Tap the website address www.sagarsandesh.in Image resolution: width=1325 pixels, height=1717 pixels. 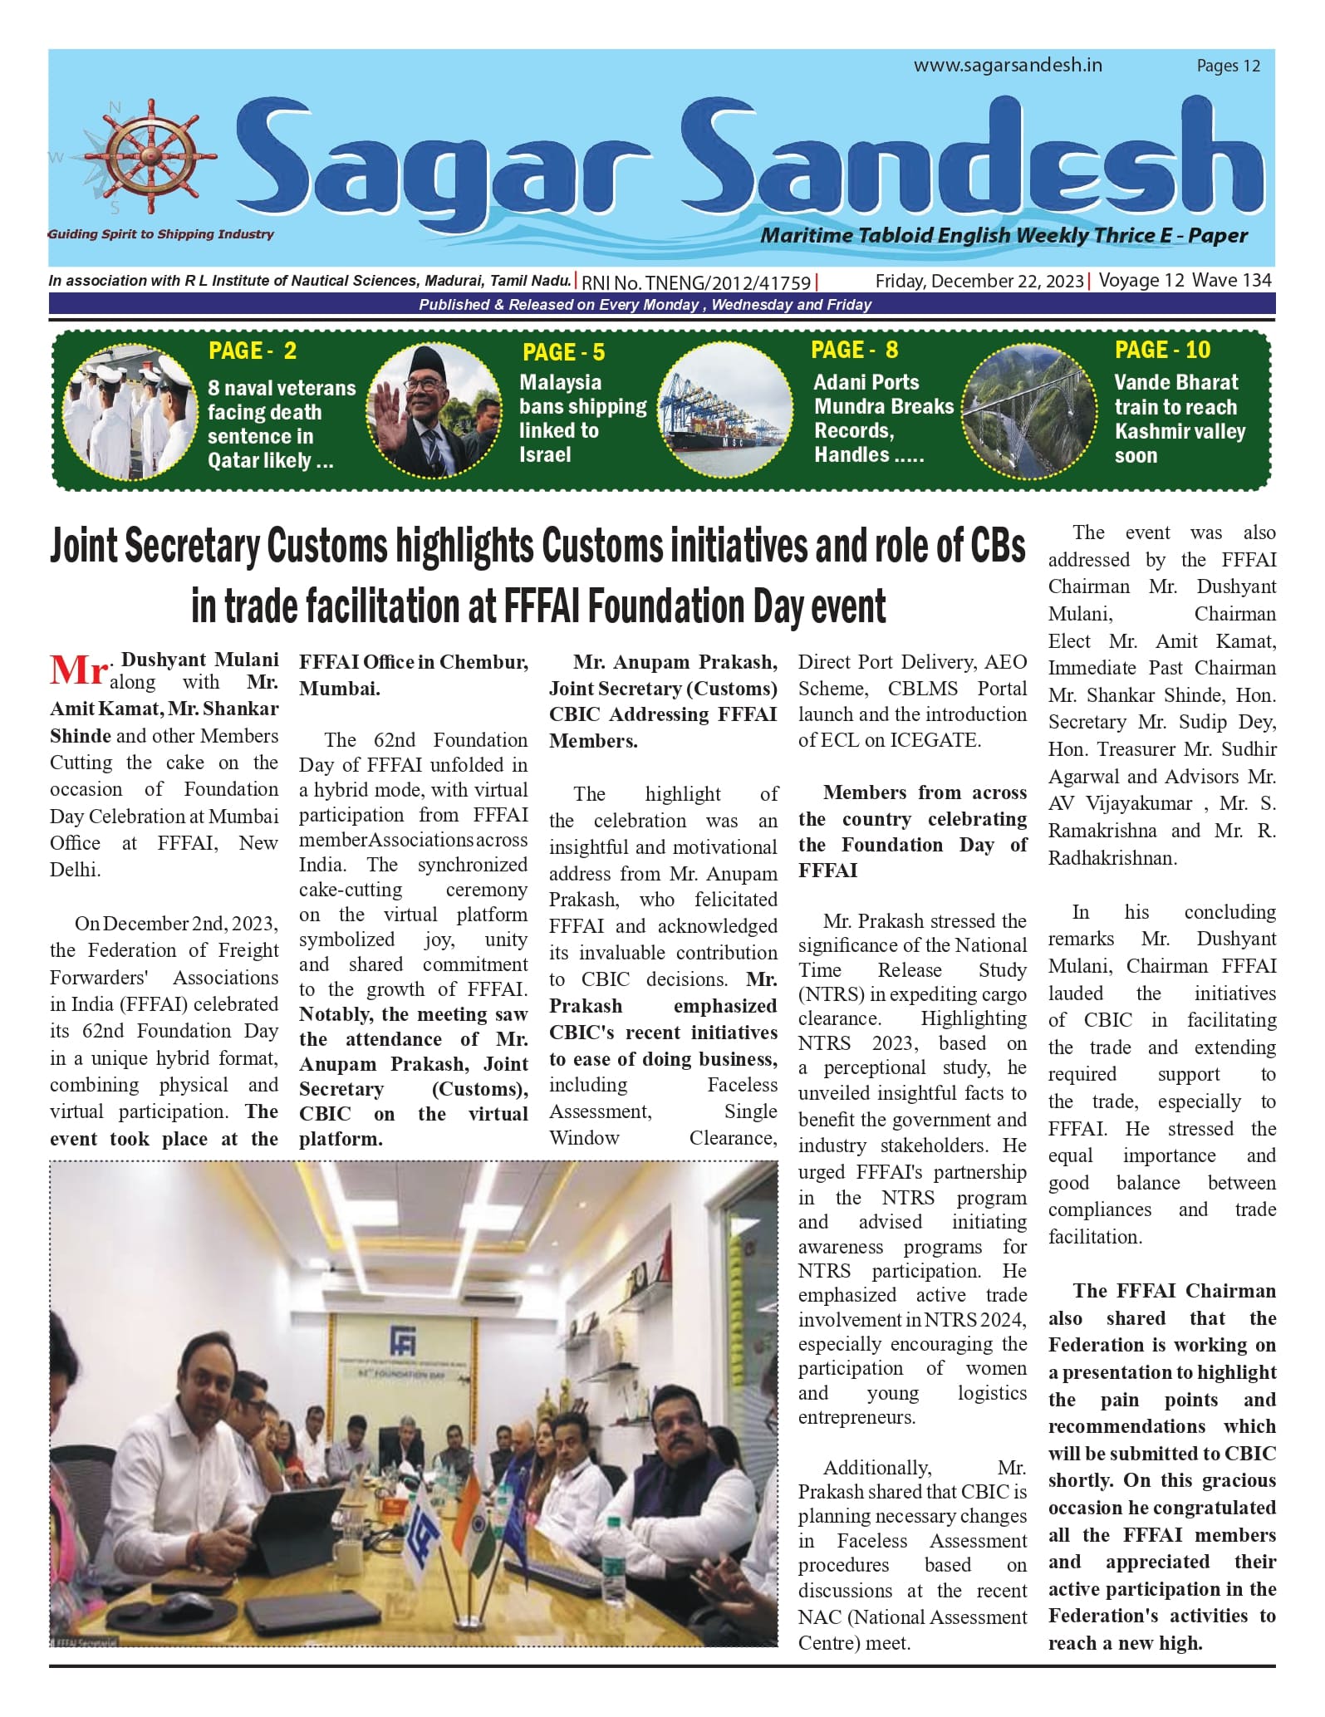[1008, 65]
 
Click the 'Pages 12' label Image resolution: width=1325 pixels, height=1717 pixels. [1228, 66]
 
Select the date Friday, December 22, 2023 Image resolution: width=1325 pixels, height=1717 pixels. [979, 281]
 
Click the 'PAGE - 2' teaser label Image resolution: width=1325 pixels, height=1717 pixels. [253, 351]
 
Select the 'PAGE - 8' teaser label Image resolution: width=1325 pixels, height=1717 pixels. [854, 350]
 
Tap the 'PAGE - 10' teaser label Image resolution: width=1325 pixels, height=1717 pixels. [1162, 350]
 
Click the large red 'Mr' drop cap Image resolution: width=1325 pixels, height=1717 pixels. [78, 670]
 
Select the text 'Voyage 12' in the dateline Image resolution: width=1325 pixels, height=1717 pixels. [1141, 281]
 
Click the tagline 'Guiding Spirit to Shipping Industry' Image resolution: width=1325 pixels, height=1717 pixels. [161, 234]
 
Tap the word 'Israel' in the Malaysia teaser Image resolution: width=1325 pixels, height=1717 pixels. [545, 454]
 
